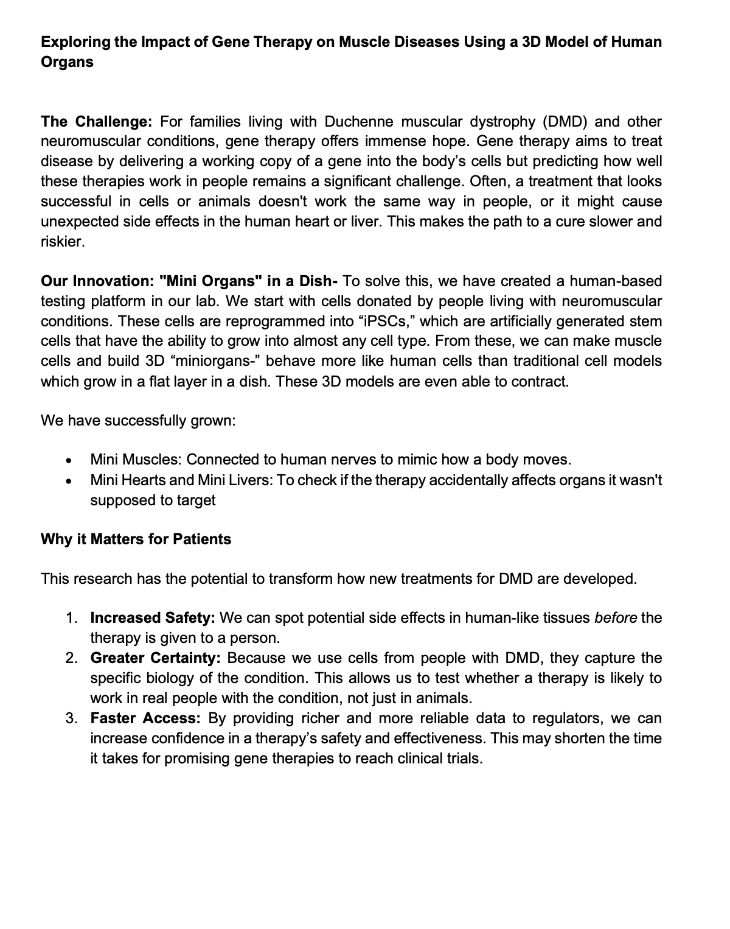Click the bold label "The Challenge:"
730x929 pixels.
(x=96, y=122)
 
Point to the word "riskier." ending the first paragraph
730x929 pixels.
(x=63, y=242)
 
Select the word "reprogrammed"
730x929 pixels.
(x=204, y=321)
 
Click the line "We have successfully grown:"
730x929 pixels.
(x=138, y=421)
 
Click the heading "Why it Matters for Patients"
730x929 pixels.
(x=136, y=539)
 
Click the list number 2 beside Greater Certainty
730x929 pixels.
(x=71, y=658)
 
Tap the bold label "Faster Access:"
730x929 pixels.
(x=145, y=718)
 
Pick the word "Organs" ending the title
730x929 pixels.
(x=67, y=63)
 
